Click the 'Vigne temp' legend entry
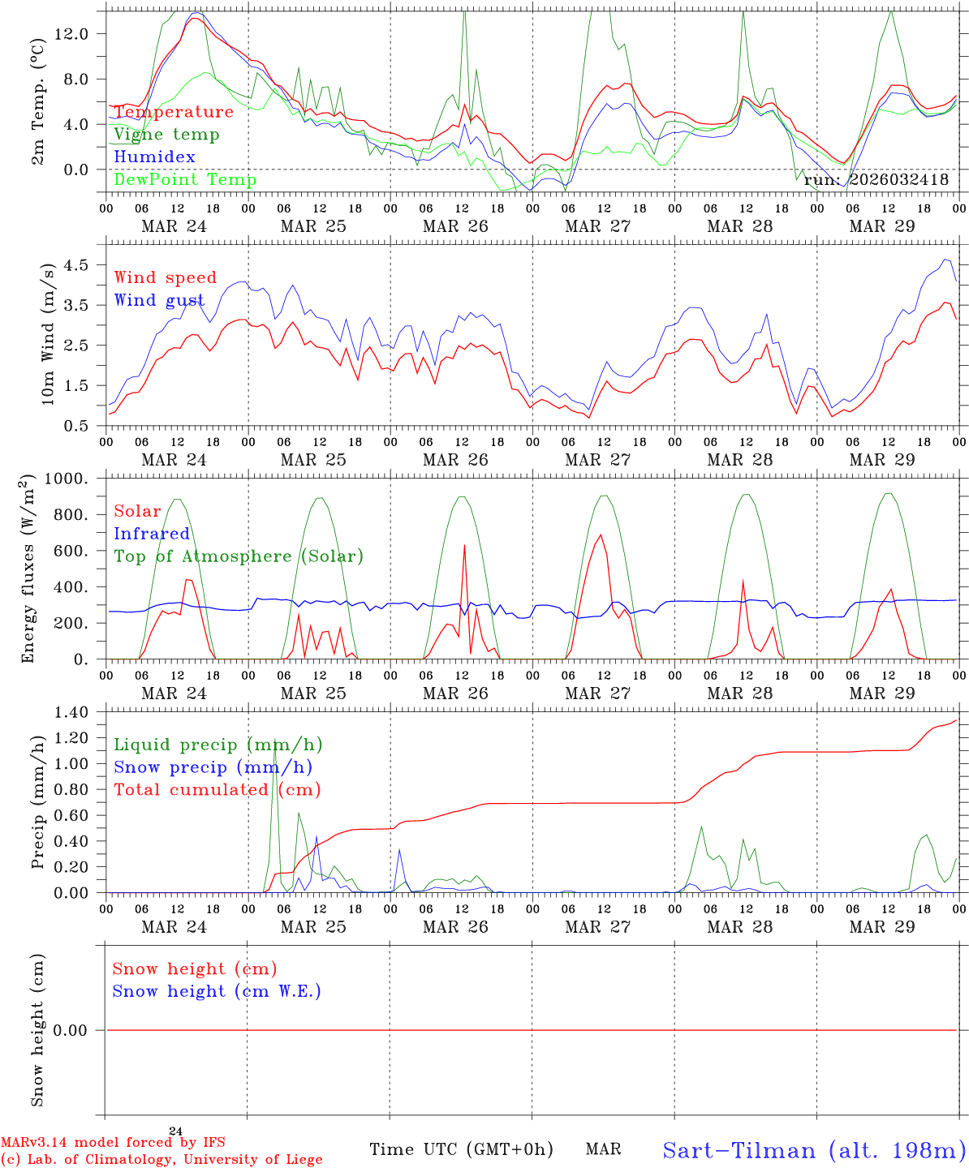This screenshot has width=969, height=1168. point(166,135)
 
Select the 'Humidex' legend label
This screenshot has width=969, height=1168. point(154,157)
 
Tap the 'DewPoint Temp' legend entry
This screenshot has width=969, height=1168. point(185,180)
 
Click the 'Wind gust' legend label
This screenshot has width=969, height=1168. point(159,301)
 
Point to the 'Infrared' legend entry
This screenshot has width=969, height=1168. point(152,534)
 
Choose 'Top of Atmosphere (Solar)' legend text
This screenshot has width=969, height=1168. point(239,556)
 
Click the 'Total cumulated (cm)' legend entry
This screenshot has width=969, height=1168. point(217,790)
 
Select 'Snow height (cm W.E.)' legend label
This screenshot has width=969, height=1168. point(217,991)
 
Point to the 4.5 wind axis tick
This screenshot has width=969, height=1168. point(76,265)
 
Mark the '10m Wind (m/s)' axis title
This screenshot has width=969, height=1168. point(48,333)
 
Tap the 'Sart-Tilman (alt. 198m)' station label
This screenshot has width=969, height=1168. point(814,1150)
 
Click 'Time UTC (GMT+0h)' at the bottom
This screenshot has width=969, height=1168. point(461,1149)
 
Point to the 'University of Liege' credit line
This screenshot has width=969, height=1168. point(162,1160)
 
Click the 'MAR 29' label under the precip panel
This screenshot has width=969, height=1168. point(882,927)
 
